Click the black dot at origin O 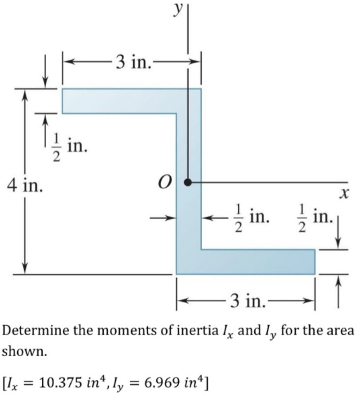(x=187, y=182)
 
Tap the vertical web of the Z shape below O (x=189, y=222)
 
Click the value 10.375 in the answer (x=57, y=382)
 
